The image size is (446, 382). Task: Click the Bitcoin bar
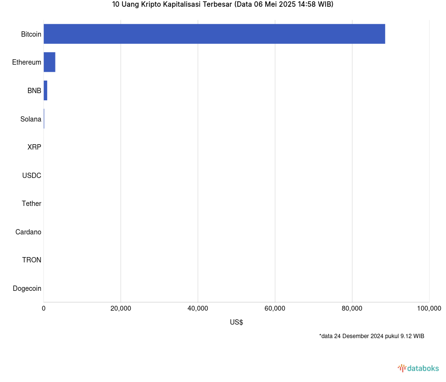[x=214, y=34]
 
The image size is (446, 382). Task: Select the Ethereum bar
[x=50, y=62]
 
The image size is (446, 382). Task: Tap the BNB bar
[x=45, y=91]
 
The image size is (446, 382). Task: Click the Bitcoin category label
[x=31, y=34]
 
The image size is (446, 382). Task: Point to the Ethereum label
[x=27, y=62]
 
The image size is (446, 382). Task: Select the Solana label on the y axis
[x=31, y=119]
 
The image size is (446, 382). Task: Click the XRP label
[x=34, y=147]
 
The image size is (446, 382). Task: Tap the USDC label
[x=32, y=176]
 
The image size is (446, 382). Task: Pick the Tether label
[x=31, y=204]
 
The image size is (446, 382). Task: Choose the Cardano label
[x=28, y=232]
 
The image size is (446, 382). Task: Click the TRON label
[x=32, y=260]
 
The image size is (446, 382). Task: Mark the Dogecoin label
[x=27, y=288]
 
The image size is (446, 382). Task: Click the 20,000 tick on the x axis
[x=121, y=309]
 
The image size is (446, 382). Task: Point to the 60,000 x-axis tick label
[x=275, y=309]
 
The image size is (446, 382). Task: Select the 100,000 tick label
[x=429, y=309]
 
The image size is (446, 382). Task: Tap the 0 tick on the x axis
[x=44, y=309]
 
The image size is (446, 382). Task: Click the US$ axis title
[x=236, y=322]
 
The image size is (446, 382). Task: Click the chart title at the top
[x=223, y=4]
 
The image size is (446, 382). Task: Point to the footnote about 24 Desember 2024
[x=371, y=336]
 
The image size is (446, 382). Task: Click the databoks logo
[x=419, y=368]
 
